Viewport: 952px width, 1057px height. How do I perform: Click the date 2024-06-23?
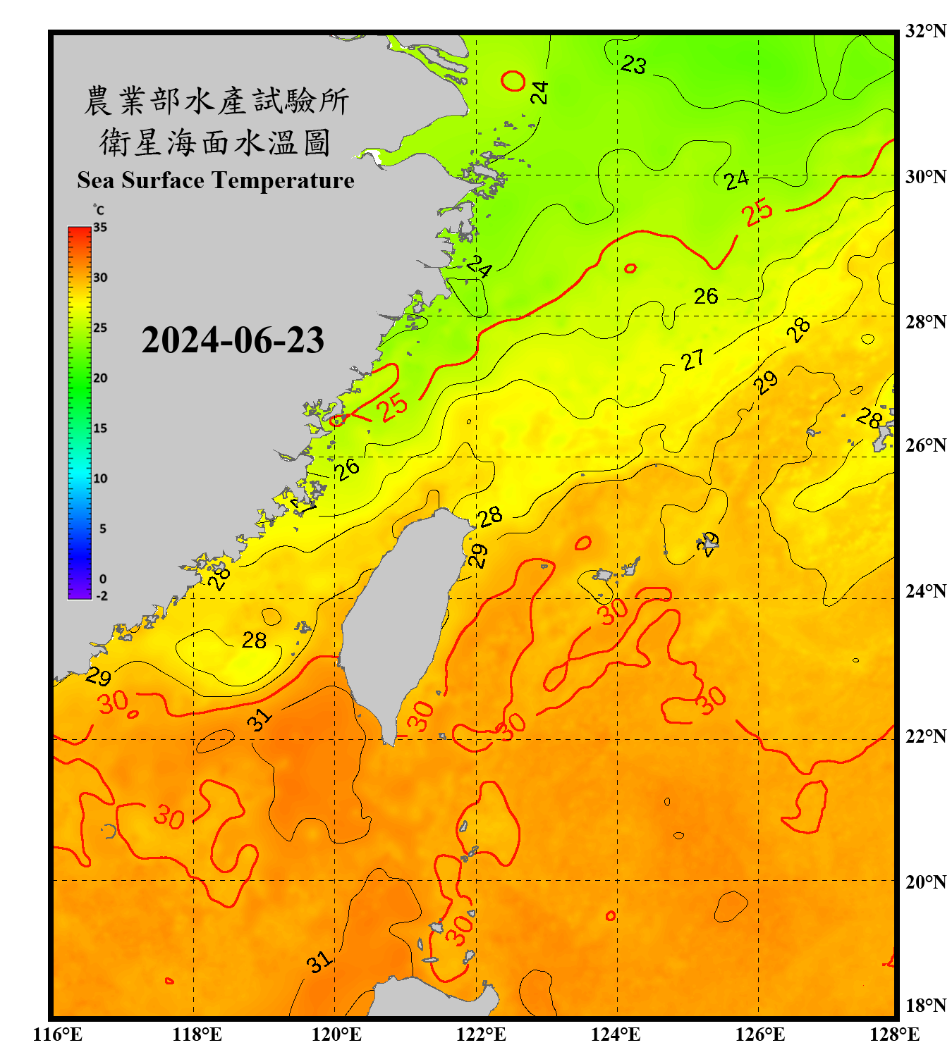point(233,340)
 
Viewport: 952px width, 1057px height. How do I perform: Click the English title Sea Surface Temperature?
point(216,180)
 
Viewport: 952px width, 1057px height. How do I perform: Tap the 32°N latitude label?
point(925,31)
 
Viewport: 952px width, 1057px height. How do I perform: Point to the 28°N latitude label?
point(925,322)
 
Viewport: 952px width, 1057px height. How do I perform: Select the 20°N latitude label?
point(925,882)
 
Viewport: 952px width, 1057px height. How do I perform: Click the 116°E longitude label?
point(58,1034)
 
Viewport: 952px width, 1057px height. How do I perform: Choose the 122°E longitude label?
point(482,1034)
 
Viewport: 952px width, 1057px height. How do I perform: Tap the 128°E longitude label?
point(894,1034)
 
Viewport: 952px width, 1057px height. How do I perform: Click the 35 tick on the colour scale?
point(100,228)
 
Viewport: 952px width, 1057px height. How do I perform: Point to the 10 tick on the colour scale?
point(100,478)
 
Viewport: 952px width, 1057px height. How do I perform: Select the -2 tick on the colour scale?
point(102,596)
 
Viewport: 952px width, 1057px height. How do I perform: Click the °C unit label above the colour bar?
point(99,210)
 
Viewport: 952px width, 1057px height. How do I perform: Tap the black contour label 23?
point(633,66)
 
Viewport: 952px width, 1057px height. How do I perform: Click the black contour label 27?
point(692,360)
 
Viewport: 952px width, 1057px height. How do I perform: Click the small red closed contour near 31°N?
point(513,80)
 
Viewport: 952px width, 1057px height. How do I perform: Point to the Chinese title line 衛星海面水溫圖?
point(216,142)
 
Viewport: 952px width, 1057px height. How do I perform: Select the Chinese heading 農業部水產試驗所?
point(216,101)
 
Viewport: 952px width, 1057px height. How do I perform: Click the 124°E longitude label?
point(616,1034)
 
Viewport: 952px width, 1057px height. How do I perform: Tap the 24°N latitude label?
point(925,591)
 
